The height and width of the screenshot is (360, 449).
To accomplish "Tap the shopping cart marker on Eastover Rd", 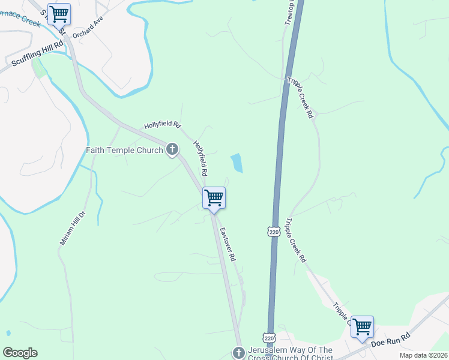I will pyautogui.click(x=214, y=198).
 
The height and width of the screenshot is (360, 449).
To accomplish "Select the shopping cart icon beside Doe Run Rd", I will pyautogui.click(x=363, y=327).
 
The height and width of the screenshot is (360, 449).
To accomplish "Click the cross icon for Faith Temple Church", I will pyautogui.click(x=172, y=149).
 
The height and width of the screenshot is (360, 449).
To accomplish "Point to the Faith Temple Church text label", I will pyautogui.click(x=124, y=150).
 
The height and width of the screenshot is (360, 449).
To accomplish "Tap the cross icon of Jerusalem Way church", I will pyautogui.click(x=238, y=352).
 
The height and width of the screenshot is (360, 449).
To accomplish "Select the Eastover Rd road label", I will pyautogui.click(x=226, y=244).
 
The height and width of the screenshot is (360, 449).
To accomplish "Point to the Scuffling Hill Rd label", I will pyautogui.click(x=37, y=53).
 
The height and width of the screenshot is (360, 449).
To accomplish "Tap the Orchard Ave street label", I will pyautogui.click(x=88, y=31).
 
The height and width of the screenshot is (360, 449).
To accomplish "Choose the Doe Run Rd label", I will pyautogui.click(x=390, y=340).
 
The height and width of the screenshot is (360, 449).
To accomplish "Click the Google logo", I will pyautogui.click(x=20, y=353).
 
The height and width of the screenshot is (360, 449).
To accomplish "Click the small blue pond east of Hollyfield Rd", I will pyautogui.click(x=237, y=163).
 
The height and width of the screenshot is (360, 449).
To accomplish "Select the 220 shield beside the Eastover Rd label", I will pyautogui.click(x=274, y=231).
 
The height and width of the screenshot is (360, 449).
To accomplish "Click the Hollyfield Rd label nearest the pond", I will pyautogui.click(x=200, y=158).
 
